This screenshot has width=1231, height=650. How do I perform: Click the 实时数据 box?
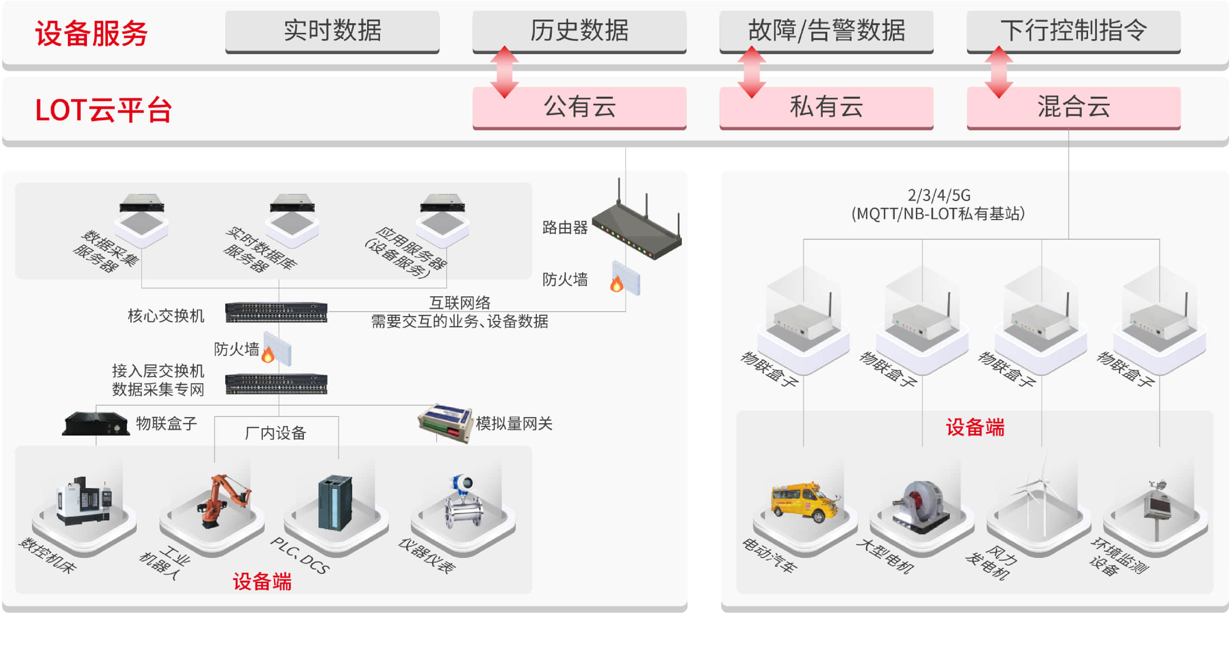332,31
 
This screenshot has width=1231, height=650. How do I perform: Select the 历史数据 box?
579,31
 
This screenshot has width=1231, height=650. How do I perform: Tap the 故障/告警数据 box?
826,31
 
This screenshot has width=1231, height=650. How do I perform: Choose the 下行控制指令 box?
1073,31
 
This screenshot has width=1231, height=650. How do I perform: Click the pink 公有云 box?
579,107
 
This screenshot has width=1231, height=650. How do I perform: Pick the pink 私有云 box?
826,107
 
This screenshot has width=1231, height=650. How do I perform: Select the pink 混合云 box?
1073,107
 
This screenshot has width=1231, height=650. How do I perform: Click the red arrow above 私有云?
751,72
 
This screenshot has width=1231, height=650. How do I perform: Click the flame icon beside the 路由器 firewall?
616,283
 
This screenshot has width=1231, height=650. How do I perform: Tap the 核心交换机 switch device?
276,312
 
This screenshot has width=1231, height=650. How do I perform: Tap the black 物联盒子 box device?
96,424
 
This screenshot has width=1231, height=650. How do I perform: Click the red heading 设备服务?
92,34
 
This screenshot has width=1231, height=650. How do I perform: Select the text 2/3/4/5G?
939,195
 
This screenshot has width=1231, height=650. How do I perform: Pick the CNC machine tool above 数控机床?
83,501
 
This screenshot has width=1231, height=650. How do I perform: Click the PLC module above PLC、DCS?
335,503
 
